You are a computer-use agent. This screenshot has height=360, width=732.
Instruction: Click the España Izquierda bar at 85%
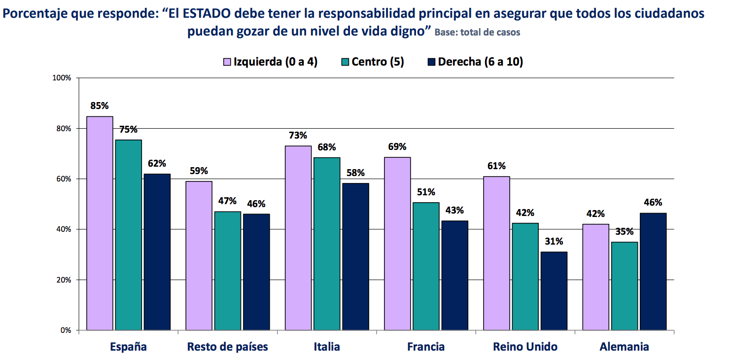(100, 223)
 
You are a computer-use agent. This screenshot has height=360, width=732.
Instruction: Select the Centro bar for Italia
(327, 244)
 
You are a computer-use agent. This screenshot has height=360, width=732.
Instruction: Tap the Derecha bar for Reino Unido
(554, 290)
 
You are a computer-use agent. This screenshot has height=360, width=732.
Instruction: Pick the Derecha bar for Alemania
(653, 271)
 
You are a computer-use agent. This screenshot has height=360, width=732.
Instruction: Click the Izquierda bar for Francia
(397, 243)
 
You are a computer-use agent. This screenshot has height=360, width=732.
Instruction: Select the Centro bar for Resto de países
(228, 270)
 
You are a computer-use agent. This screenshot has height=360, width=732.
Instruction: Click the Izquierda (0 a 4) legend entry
(271, 62)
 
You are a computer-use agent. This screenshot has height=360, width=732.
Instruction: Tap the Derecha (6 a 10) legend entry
(474, 62)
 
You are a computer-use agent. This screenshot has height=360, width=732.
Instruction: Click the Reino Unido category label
(525, 347)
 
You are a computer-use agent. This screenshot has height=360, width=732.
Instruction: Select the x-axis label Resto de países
(227, 347)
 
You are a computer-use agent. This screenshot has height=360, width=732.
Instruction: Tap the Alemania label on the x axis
(624, 347)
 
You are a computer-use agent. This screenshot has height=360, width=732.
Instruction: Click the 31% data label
(554, 242)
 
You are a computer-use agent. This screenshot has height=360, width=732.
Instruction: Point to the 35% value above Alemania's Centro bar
(624, 232)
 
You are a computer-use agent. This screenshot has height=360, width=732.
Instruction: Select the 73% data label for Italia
(298, 136)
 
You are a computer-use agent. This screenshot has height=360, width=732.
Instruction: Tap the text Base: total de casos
(477, 33)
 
